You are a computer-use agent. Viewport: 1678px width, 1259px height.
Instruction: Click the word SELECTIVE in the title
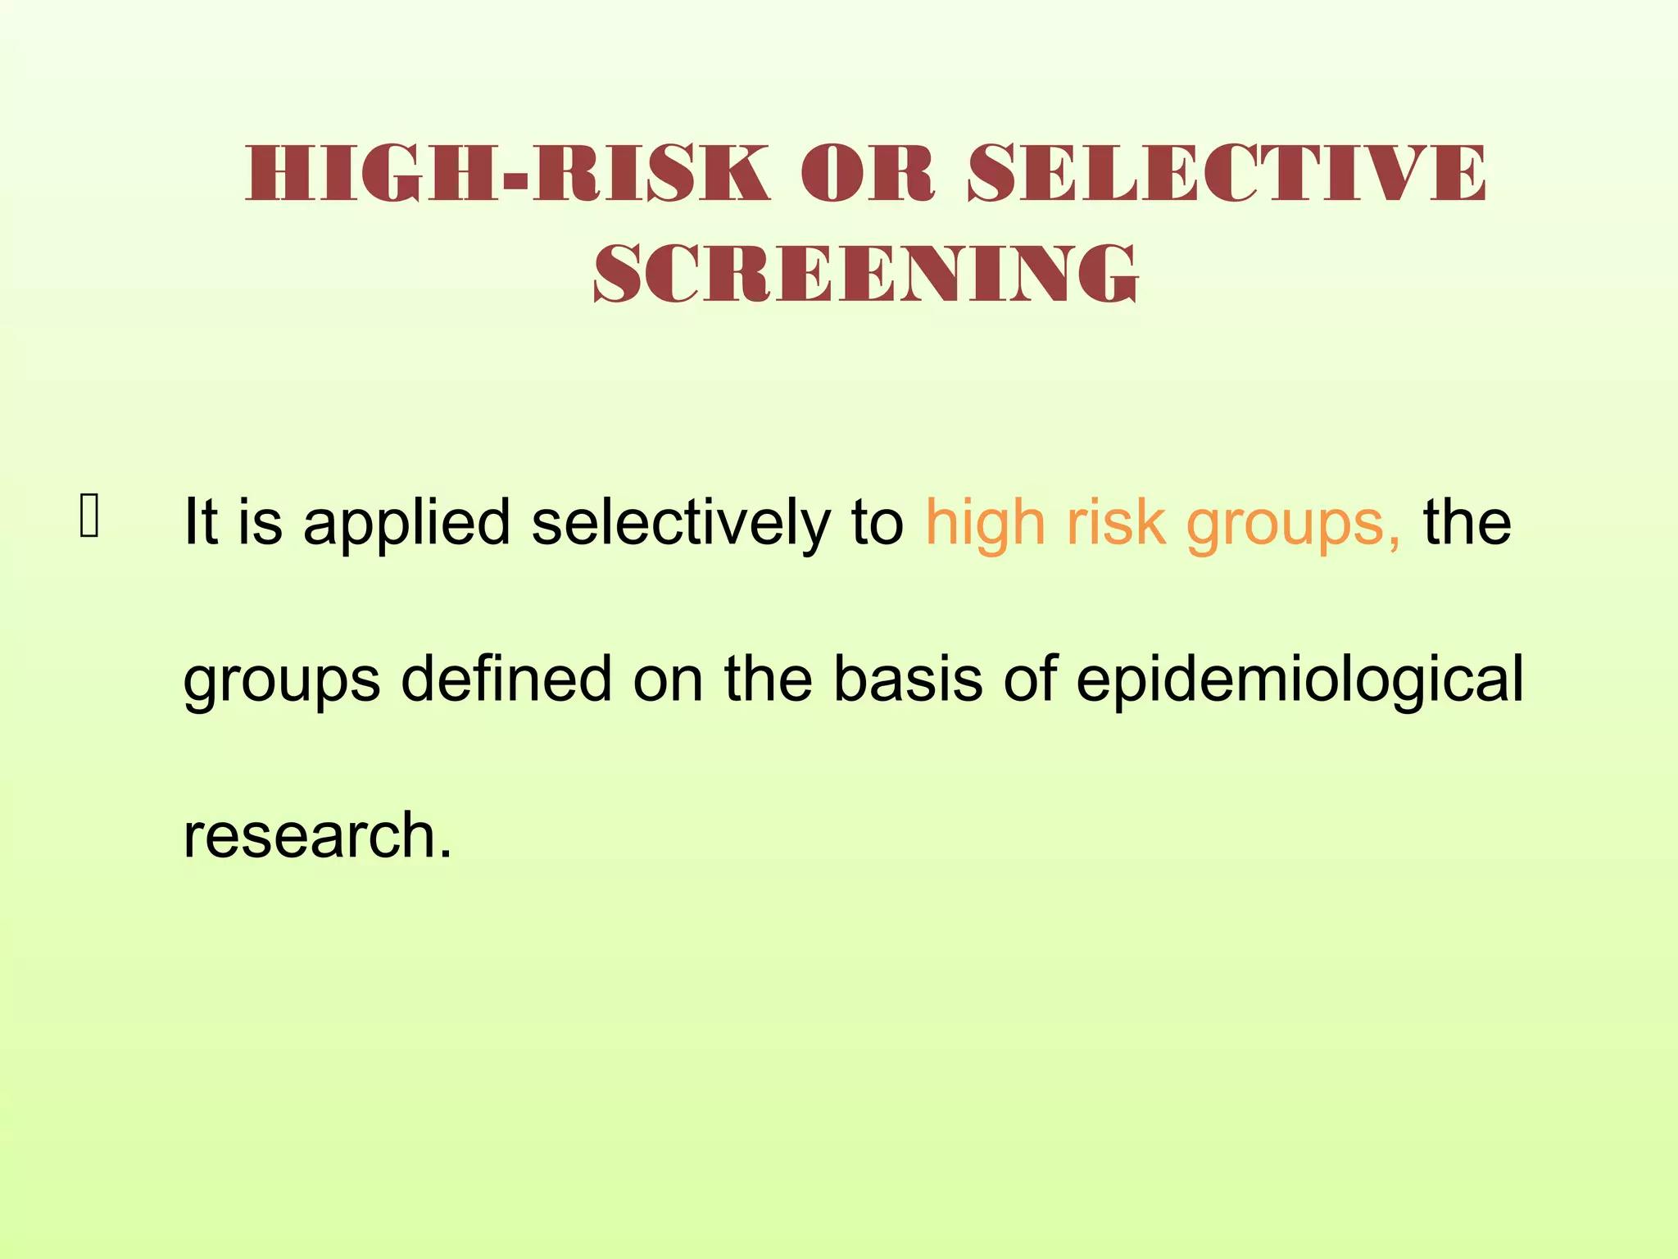1227,174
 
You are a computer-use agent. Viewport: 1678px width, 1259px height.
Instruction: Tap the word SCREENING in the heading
866,274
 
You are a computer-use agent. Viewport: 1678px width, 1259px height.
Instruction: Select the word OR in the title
868,174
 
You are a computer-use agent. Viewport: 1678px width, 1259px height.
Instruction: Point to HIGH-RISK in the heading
508,174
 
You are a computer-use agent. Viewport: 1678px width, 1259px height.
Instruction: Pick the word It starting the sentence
200,522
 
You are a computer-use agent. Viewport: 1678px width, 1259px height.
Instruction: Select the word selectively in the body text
681,522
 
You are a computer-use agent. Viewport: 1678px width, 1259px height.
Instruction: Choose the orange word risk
1116,522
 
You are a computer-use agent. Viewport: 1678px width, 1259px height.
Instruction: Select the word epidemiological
1299,680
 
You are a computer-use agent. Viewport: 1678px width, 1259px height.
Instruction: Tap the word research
317,836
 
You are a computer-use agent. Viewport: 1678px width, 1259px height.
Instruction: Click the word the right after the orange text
1467,522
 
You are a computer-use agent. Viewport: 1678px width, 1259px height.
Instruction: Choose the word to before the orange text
878,522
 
